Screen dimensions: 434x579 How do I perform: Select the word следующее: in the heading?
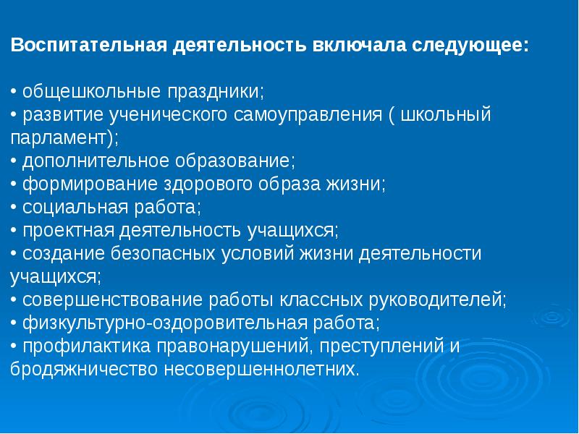click(x=470, y=46)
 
